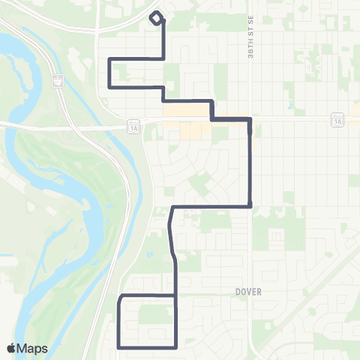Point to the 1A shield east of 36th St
pos(338,119)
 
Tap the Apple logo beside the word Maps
pos(10,348)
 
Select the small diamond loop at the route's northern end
pos(156,19)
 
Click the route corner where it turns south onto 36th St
pos(249,119)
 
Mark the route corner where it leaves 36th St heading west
pos(249,206)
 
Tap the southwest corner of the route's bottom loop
pos(120,346)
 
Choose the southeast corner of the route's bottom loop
pos(175,346)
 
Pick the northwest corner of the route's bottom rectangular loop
pos(120,296)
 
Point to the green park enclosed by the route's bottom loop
pos(154,315)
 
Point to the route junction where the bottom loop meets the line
pos(175,296)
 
